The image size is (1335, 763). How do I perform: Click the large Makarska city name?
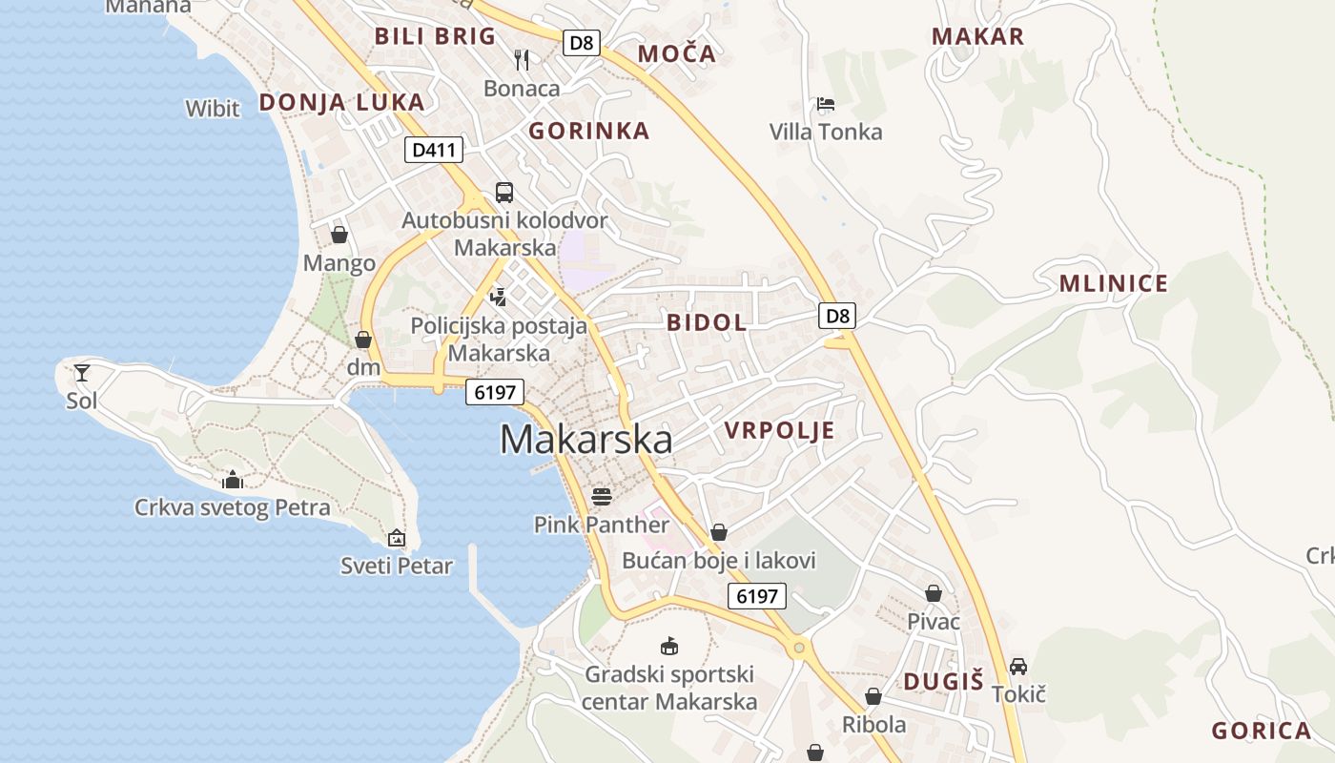pyautogui.click(x=585, y=439)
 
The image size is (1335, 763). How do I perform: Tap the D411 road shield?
pyautogui.click(x=434, y=150)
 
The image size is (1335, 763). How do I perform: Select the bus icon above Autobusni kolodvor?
pyautogui.click(x=503, y=193)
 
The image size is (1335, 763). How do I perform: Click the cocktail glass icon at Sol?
pyautogui.click(x=82, y=372)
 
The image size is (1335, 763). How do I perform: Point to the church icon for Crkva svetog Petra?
pyautogui.click(x=233, y=480)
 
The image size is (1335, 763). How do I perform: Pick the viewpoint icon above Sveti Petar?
pyautogui.click(x=397, y=539)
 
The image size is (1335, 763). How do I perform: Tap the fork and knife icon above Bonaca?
pyautogui.click(x=522, y=60)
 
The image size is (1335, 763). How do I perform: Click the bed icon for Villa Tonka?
pyautogui.click(x=826, y=104)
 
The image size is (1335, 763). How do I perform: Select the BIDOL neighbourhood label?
pyautogui.click(x=707, y=322)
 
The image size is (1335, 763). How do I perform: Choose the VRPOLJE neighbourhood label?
pyautogui.click(x=779, y=430)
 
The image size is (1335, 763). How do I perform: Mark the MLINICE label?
pyautogui.click(x=1114, y=283)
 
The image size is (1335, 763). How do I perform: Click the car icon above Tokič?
pyautogui.click(x=1018, y=666)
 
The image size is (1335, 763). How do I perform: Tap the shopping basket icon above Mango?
pyautogui.click(x=339, y=235)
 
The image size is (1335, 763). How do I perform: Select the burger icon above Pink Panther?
pyautogui.click(x=601, y=496)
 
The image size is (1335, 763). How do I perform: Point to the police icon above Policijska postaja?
pyautogui.click(x=498, y=297)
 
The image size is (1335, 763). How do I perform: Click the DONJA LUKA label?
pyautogui.click(x=341, y=103)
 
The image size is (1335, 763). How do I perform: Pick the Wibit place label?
pyautogui.click(x=213, y=109)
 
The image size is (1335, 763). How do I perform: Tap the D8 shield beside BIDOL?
pyautogui.click(x=837, y=316)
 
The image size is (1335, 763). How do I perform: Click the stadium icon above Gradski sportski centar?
pyautogui.click(x=670, y=647)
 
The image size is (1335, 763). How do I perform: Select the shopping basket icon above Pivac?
pyautogui.click(x=933, y=594)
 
